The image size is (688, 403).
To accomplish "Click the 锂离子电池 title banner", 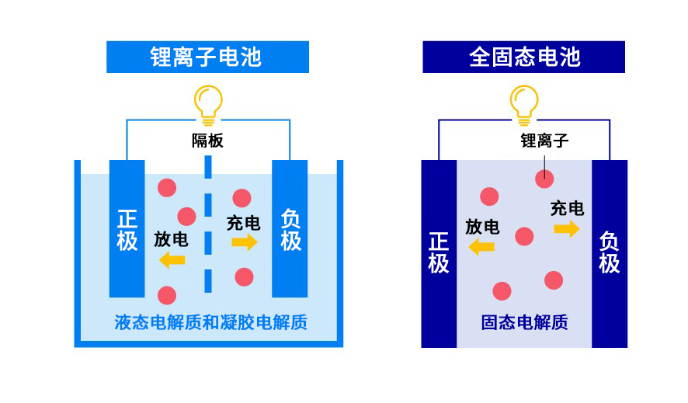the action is click(x=207, y=57).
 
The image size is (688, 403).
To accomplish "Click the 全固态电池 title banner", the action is click(x=523, y=57).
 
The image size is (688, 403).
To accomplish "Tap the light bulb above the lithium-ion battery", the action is click(x=208, y=106).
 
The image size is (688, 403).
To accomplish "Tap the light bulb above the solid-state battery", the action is click(x=524, y=106).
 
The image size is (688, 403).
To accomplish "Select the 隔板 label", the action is click(x=207, y=141).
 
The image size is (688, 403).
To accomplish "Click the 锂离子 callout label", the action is click(x=544, y=141).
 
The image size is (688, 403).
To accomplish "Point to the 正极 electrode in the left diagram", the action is click(x=127, y=228).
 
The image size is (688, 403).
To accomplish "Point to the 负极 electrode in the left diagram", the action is click(x=290, y=228).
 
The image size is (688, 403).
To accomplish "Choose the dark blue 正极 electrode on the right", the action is click(x=439, y=253).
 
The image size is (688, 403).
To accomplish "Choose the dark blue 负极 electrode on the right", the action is click(x=610, y=253).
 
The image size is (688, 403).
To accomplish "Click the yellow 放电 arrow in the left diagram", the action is click(x=172, y=260).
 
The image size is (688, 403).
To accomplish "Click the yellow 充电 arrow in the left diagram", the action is click(x=245, y=242).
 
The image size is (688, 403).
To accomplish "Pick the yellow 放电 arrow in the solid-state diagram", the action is click(x=481, y=248).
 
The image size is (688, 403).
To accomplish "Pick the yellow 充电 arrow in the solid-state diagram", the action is click(x=566, y=229).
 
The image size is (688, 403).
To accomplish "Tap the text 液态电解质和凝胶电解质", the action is click(x=210, y=322).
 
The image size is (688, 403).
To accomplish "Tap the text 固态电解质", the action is click(x=524, y=322).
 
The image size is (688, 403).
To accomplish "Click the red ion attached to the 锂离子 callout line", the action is click(x=544, y=179).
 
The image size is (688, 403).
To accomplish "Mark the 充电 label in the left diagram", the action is click(x=244, y=223).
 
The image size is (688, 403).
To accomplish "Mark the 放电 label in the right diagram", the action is click(x=482, y=227).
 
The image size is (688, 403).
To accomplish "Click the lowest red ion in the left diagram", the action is click(x=167, y=295).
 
